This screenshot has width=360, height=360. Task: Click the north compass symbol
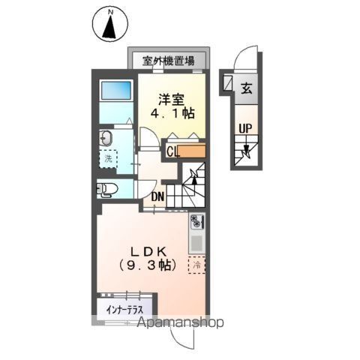click(109, 24)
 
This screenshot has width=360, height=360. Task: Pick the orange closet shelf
click(193, 151)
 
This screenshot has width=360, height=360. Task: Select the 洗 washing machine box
click(108, 159)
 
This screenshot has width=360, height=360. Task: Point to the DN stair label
click(158, 197)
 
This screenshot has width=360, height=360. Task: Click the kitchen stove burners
click(197, 222)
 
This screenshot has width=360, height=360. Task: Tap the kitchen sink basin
click(197, 243)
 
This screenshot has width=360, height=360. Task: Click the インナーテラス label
click(124, 309)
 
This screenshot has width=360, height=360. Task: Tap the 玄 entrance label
click(245, 88)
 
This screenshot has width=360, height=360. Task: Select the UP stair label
click(244, 128)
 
